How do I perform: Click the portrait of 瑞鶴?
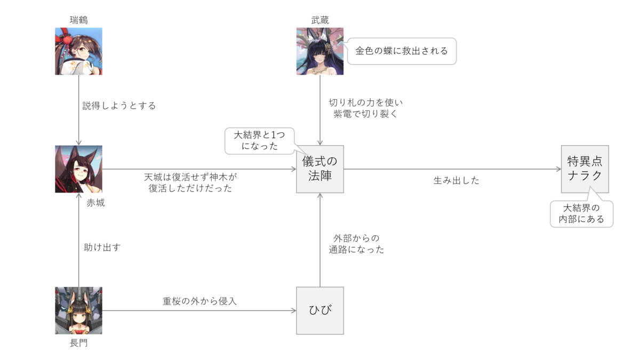[x=78, y=51]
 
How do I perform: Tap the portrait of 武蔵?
[x=320, y=51]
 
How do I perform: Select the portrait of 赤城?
[x=78, y=169]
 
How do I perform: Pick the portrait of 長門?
[x=78, y=310]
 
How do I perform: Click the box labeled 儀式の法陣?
[x=320, y=169]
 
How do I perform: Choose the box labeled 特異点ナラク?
[x=585, y=169]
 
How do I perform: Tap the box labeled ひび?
[x=320, y=310]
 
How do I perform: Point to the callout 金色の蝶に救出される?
[x=402, y=51]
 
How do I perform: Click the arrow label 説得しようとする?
[x=119, y=106]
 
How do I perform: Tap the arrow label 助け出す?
[x=102, y=247]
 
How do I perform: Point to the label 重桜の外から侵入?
[x=199, y=301]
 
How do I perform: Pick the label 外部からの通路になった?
[x=356, y=244]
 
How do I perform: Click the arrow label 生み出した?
[x=456, y=181]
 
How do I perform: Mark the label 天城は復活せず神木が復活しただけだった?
[x=190, y=182]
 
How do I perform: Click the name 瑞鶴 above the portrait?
[x=78, y=20]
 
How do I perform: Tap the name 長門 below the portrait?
[x=78, y=343]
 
